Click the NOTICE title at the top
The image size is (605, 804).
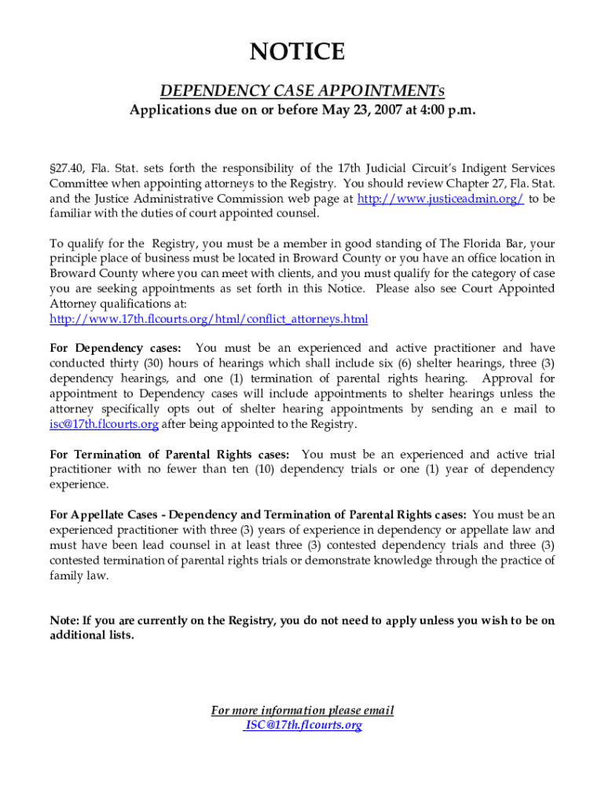[x=297, y=53]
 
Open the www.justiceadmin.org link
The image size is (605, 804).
[x=440, y=199]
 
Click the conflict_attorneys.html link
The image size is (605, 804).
[x=208, y=319]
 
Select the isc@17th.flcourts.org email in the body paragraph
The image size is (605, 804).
[x=104, y=424]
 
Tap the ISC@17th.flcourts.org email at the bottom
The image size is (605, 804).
[x=303, y=725]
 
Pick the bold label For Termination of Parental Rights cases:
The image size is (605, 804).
[x=169, y=455]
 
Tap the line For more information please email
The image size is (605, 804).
[x=302, y=711]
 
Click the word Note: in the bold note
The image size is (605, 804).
[x=65, y=620]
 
